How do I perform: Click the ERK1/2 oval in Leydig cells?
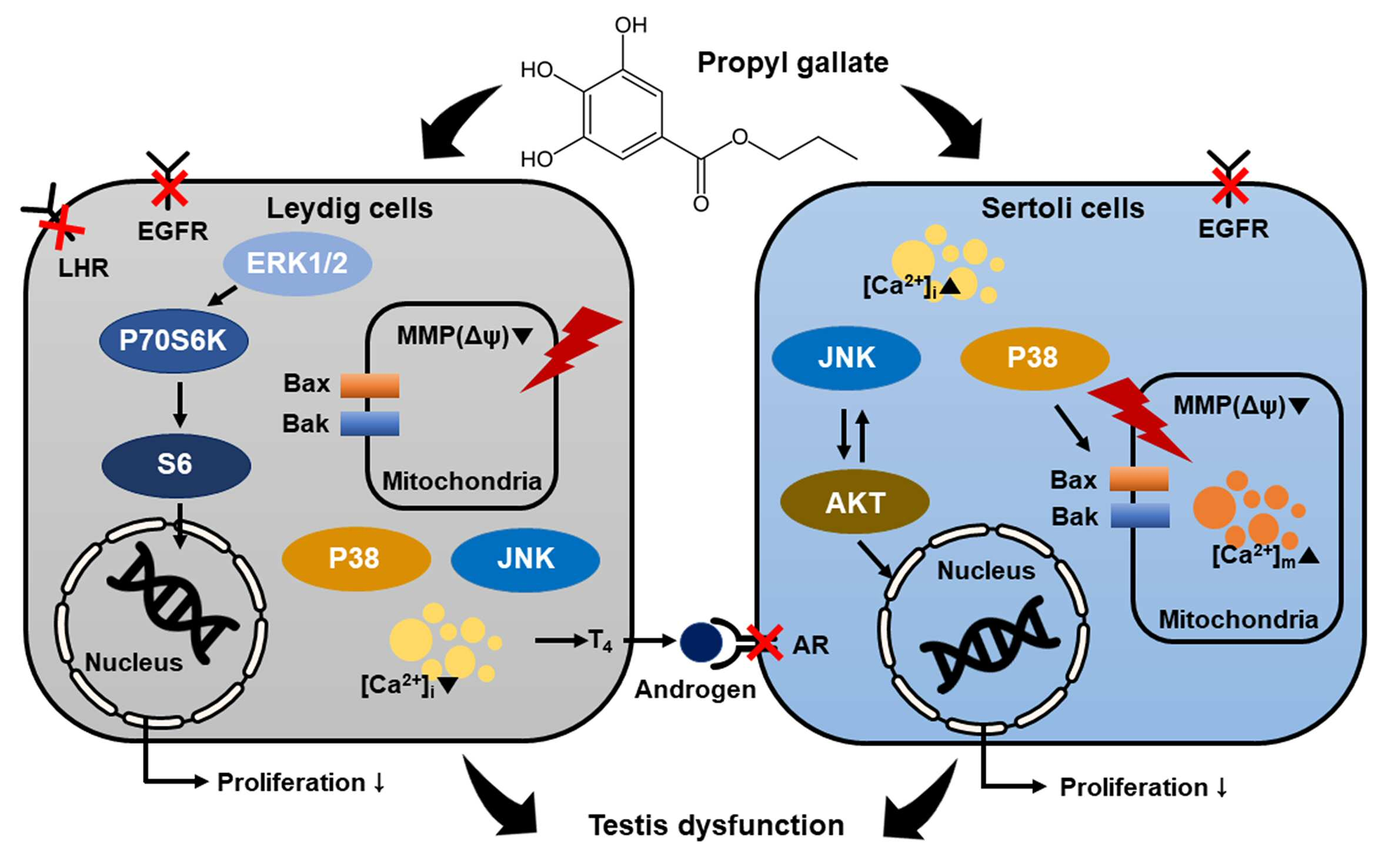point(297,263)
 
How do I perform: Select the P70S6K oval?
point(173,341)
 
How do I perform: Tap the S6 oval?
point(176,465)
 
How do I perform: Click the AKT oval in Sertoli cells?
point(854,501)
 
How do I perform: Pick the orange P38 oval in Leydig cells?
point(356,559)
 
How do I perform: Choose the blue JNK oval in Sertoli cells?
point(846,357)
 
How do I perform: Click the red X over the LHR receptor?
point(62,227)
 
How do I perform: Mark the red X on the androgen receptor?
point(764,643)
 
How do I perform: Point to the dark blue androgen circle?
point(701,642)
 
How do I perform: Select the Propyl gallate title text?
point(793,63)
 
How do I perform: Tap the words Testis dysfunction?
point(716,825)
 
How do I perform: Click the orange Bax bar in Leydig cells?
point(370,386)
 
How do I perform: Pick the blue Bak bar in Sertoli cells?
point(1140,516)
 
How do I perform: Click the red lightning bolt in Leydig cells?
point(570,349)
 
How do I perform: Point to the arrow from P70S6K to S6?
point(180,405)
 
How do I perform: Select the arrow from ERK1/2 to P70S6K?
point(222,296)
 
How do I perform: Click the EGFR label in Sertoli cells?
point(1233,229)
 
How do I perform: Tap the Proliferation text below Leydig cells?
point(292,783)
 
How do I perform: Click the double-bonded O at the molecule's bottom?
point(701,204)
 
